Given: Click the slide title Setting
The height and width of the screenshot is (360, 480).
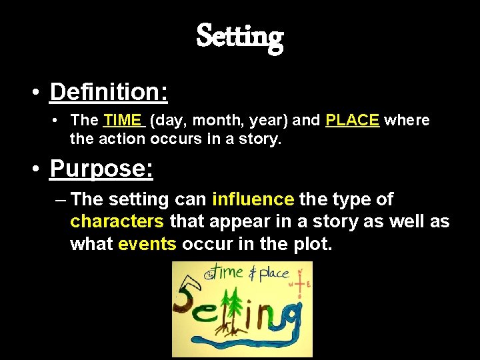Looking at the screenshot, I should [240, 37].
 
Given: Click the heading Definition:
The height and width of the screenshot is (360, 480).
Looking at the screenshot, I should [109, 92].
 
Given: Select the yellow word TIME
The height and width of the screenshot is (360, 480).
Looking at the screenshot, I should [123, 121].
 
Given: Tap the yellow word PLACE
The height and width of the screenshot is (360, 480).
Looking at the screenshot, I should [352, 121].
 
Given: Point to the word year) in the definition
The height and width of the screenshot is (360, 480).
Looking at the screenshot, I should [263, 121].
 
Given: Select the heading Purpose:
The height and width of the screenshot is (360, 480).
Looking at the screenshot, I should [101, 169].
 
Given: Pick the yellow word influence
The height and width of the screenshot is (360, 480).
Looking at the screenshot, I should [253, 199].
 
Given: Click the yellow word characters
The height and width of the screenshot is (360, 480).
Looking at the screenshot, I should [117, 221].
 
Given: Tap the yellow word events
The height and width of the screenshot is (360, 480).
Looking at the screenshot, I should [147, 244].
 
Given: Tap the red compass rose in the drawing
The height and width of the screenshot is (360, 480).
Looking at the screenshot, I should [299, 283].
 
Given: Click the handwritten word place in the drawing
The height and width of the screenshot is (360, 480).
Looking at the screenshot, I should [274, 273].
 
